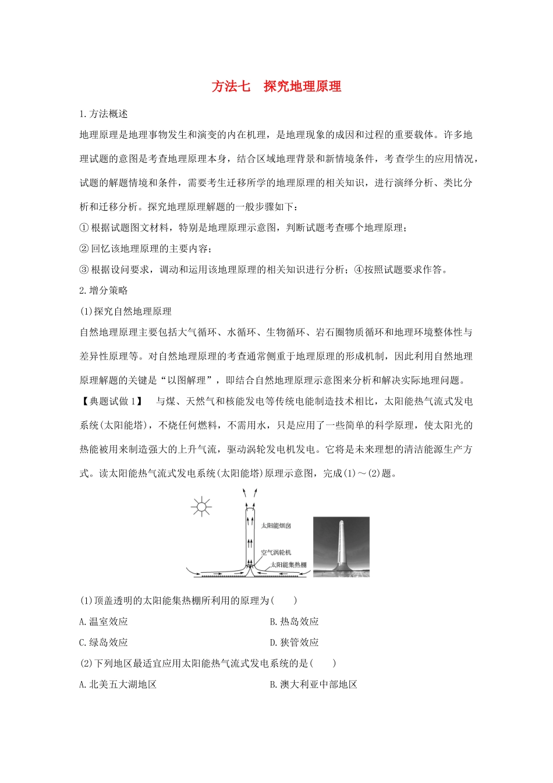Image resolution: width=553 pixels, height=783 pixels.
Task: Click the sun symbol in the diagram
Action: [x=201, y=507]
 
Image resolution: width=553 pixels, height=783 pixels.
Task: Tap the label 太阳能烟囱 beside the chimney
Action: [x=276, y=525]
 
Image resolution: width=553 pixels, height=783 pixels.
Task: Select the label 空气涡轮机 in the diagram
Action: [x=276, y=552]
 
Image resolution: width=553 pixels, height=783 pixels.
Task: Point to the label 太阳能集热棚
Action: [x=289, y=565]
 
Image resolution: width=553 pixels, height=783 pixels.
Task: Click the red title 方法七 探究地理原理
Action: [x=276, y=86]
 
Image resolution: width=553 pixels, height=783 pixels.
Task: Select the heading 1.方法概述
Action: [x=104, y=114]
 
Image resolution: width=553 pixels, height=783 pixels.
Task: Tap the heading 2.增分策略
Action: [x=104, y=290]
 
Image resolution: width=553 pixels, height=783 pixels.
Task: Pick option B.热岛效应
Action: [x=295, y=622]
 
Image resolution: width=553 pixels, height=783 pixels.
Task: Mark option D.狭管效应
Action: [x=295, y=643]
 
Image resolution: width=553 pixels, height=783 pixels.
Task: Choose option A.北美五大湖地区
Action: [x=118, y=684]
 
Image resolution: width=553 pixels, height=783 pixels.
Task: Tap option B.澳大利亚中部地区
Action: [x=314, y=684]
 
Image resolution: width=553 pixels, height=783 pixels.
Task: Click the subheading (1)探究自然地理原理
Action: [x=126, y=311]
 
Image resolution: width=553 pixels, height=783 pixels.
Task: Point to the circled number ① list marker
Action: [x=84, y=228]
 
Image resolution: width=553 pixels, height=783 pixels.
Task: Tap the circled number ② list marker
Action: [x=84, y=249]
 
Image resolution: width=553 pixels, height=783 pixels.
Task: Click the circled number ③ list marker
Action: [x=84, y=270]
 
